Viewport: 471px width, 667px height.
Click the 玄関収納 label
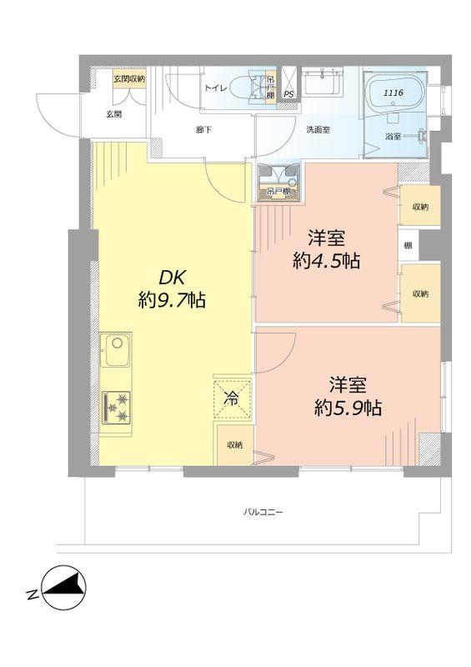[130, 78]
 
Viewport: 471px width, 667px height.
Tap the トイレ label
[214, 86]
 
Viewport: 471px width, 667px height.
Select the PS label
[288, 95]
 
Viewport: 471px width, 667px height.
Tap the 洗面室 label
[318, 130]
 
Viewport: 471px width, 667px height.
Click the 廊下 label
[203, 130]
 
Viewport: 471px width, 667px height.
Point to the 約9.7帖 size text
[172, 301]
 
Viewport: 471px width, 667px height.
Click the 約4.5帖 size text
[326, 260]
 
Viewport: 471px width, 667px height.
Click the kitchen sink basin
[116, 354]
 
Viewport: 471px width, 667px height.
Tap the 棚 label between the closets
[408, 245]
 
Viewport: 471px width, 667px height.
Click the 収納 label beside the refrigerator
[234, 444]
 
